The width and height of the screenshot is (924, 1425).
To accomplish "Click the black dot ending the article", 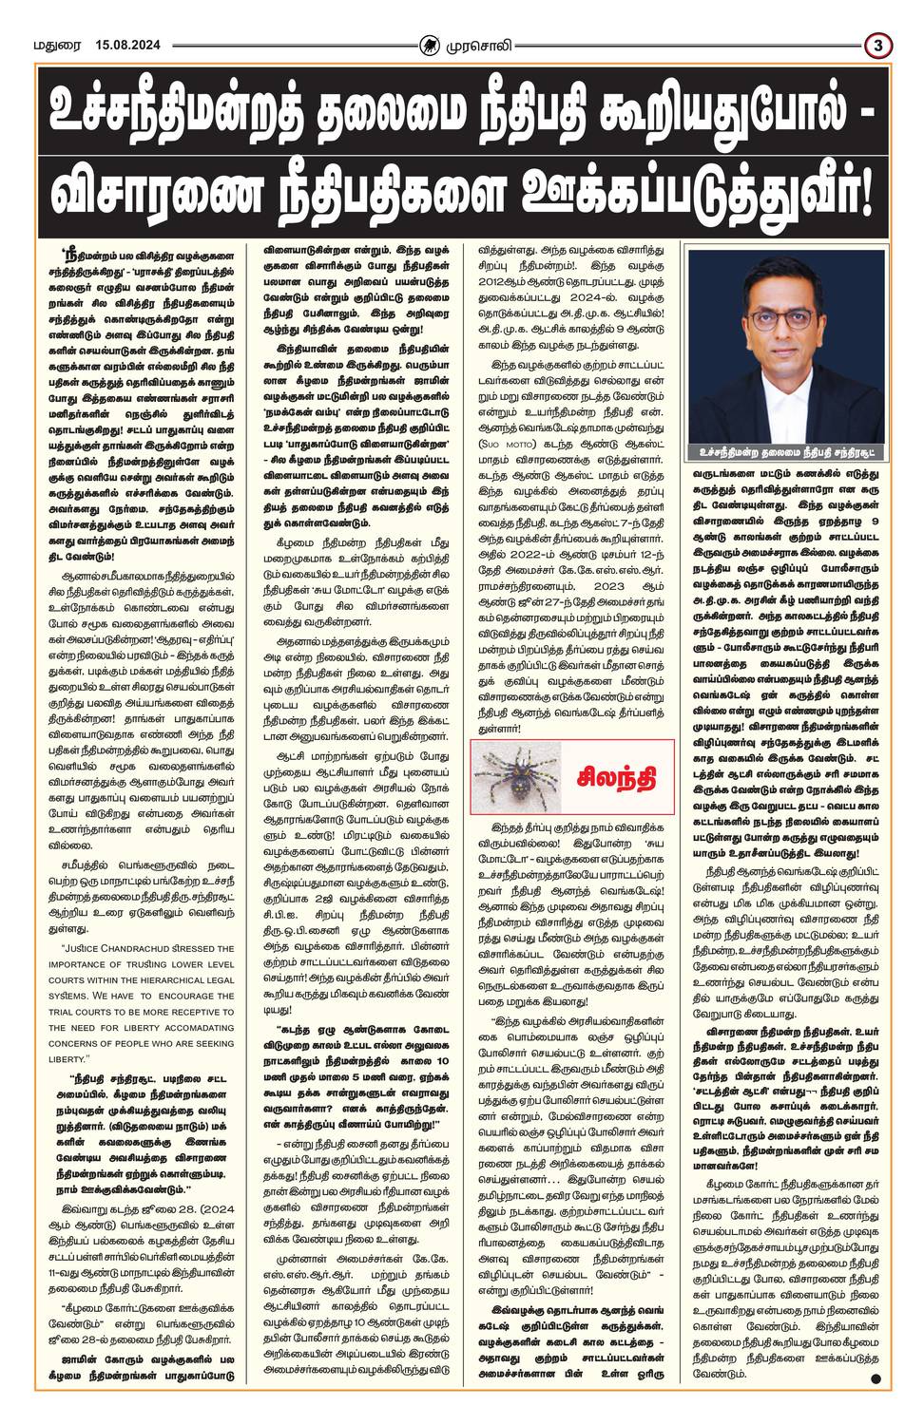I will click(x=874, y=1377).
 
